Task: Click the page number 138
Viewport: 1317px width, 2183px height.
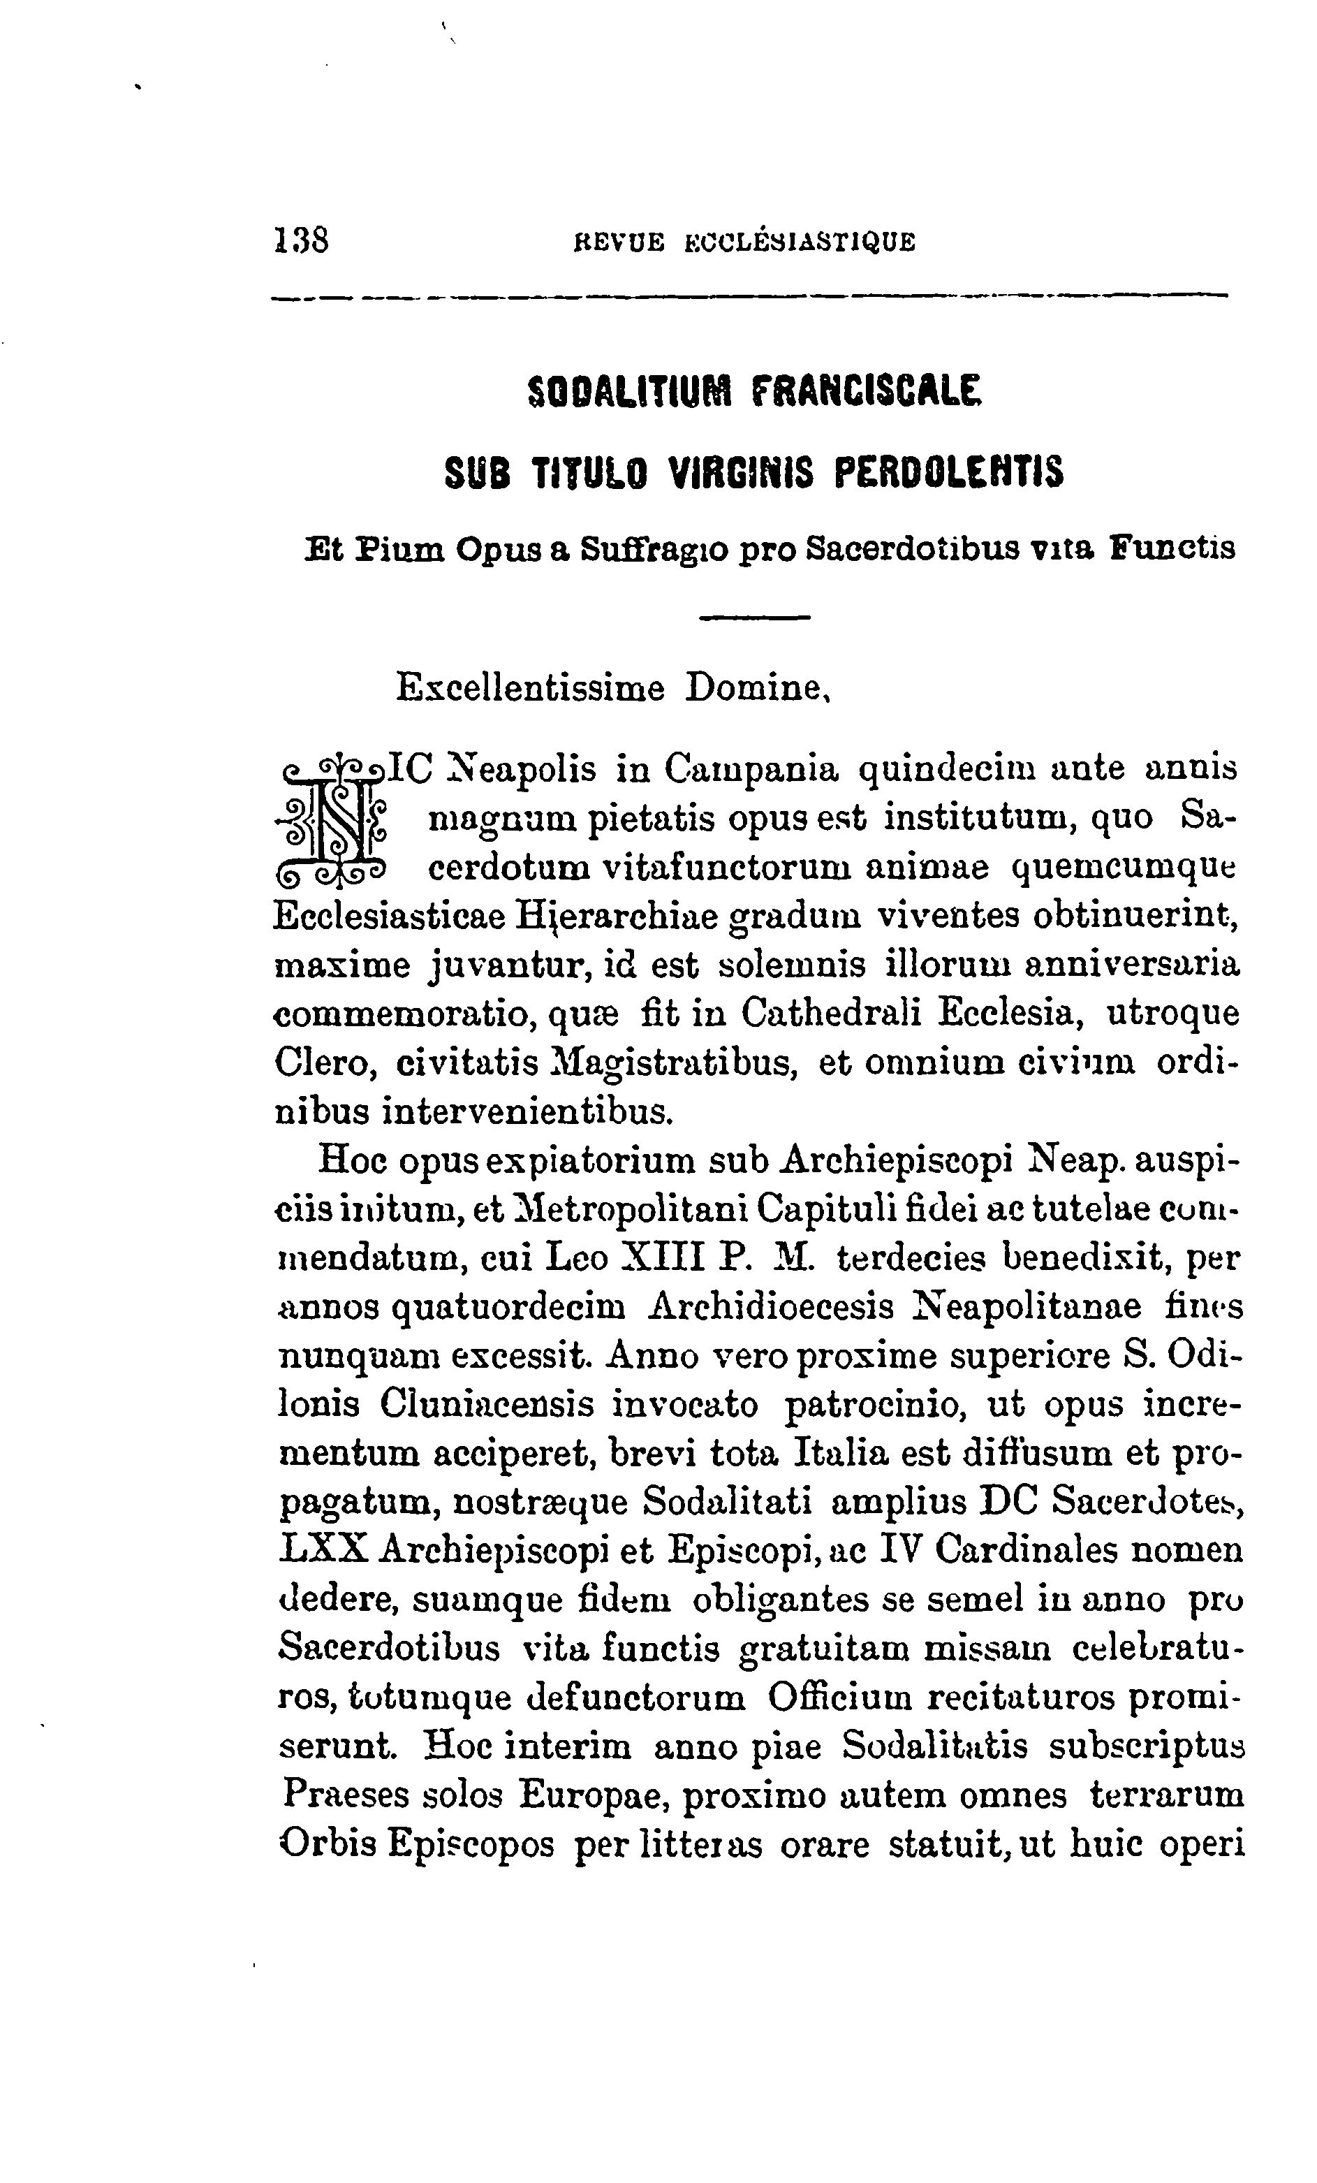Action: coord(302,241)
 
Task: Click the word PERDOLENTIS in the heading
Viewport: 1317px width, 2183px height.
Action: coord(950,472)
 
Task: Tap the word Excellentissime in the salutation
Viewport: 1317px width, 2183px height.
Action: coord(529,688)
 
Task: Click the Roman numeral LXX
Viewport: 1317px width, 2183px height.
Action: coord(323,1550)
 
